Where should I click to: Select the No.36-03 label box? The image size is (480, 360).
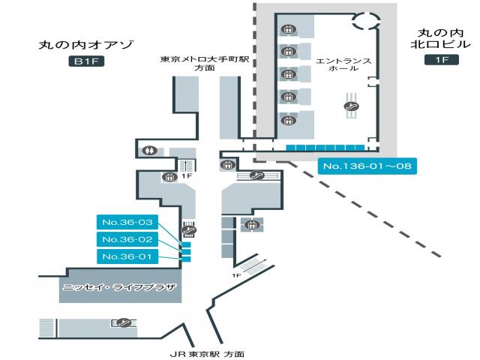(127, 222)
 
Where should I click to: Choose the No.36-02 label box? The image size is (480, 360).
(127, 239)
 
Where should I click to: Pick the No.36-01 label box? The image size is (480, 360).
(127, 257)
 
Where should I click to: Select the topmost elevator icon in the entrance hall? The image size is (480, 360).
(286, 30)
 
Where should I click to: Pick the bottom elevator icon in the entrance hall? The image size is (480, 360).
(286, 120)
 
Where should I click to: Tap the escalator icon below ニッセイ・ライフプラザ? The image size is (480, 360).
(121, 323)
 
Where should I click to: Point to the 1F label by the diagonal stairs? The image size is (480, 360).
(236, 275)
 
